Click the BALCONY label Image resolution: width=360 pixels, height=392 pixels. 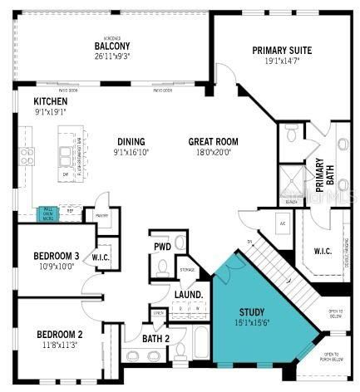click(x=110, y=46)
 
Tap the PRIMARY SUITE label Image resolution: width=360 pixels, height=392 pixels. click(x=282, y=51)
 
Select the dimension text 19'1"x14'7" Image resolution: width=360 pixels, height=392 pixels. click(x=282, y=61)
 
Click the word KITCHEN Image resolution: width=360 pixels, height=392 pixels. click(x=27, y=100)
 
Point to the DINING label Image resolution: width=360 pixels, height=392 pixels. click(x=131, y=141)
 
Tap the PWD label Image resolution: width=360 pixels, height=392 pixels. click(x=161, y=247)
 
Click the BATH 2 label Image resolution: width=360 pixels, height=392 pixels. click(x=155, y=338)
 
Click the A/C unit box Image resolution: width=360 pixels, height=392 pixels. click(x=283, y=224)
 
